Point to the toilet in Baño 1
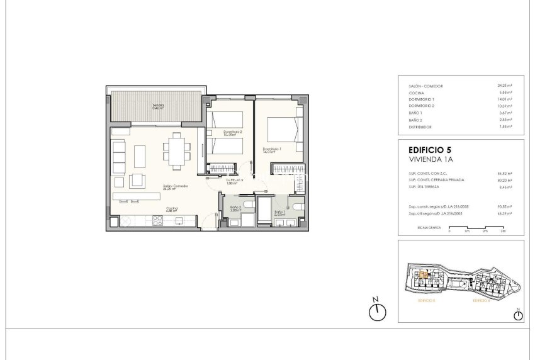click(298, 205)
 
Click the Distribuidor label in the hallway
click(235, 181)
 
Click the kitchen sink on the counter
click(179, 220)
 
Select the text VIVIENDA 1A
click(431, 160)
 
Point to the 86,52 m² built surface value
click(504, 172)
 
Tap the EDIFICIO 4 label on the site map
click(480, 301)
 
